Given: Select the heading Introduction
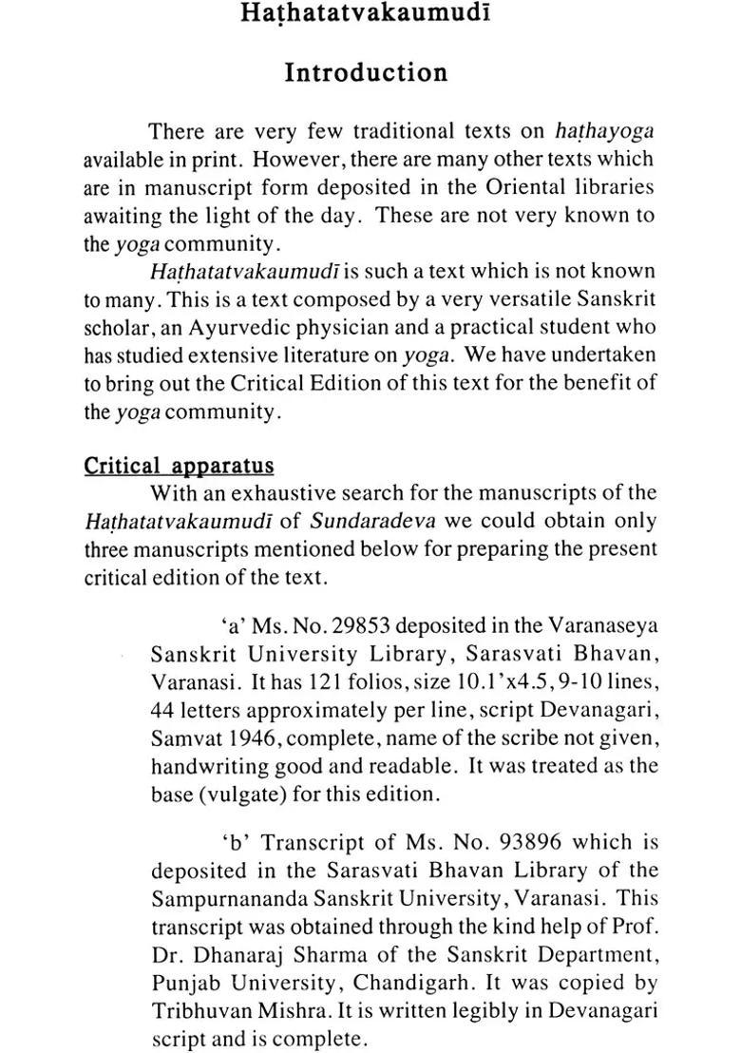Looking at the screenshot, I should pos(366,73).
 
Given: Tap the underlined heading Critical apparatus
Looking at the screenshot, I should pos(179,466).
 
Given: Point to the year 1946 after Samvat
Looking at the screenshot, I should pos(242,737).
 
